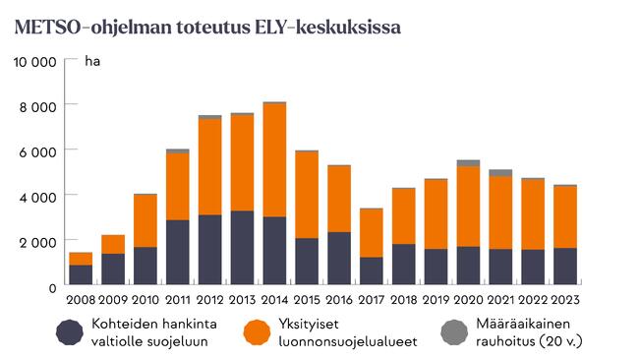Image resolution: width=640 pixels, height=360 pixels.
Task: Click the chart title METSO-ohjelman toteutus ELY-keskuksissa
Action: point(207,27)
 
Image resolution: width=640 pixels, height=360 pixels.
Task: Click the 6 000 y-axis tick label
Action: point(38,150)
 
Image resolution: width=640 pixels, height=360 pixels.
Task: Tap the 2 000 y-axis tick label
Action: point(38,241)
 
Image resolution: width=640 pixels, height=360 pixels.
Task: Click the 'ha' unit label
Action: point(92,62)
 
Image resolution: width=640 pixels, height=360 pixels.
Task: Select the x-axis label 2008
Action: point(81,298)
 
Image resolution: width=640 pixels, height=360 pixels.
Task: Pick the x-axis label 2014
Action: point(274,298)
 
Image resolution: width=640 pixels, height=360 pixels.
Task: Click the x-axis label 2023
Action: point(564,298)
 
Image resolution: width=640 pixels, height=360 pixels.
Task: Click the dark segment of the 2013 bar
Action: point(242,248)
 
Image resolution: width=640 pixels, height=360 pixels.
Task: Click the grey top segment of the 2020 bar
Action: point(468,162)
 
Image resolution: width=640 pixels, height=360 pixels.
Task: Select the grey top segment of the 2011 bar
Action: point(178,150)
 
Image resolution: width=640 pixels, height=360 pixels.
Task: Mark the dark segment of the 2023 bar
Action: point(564,267)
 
